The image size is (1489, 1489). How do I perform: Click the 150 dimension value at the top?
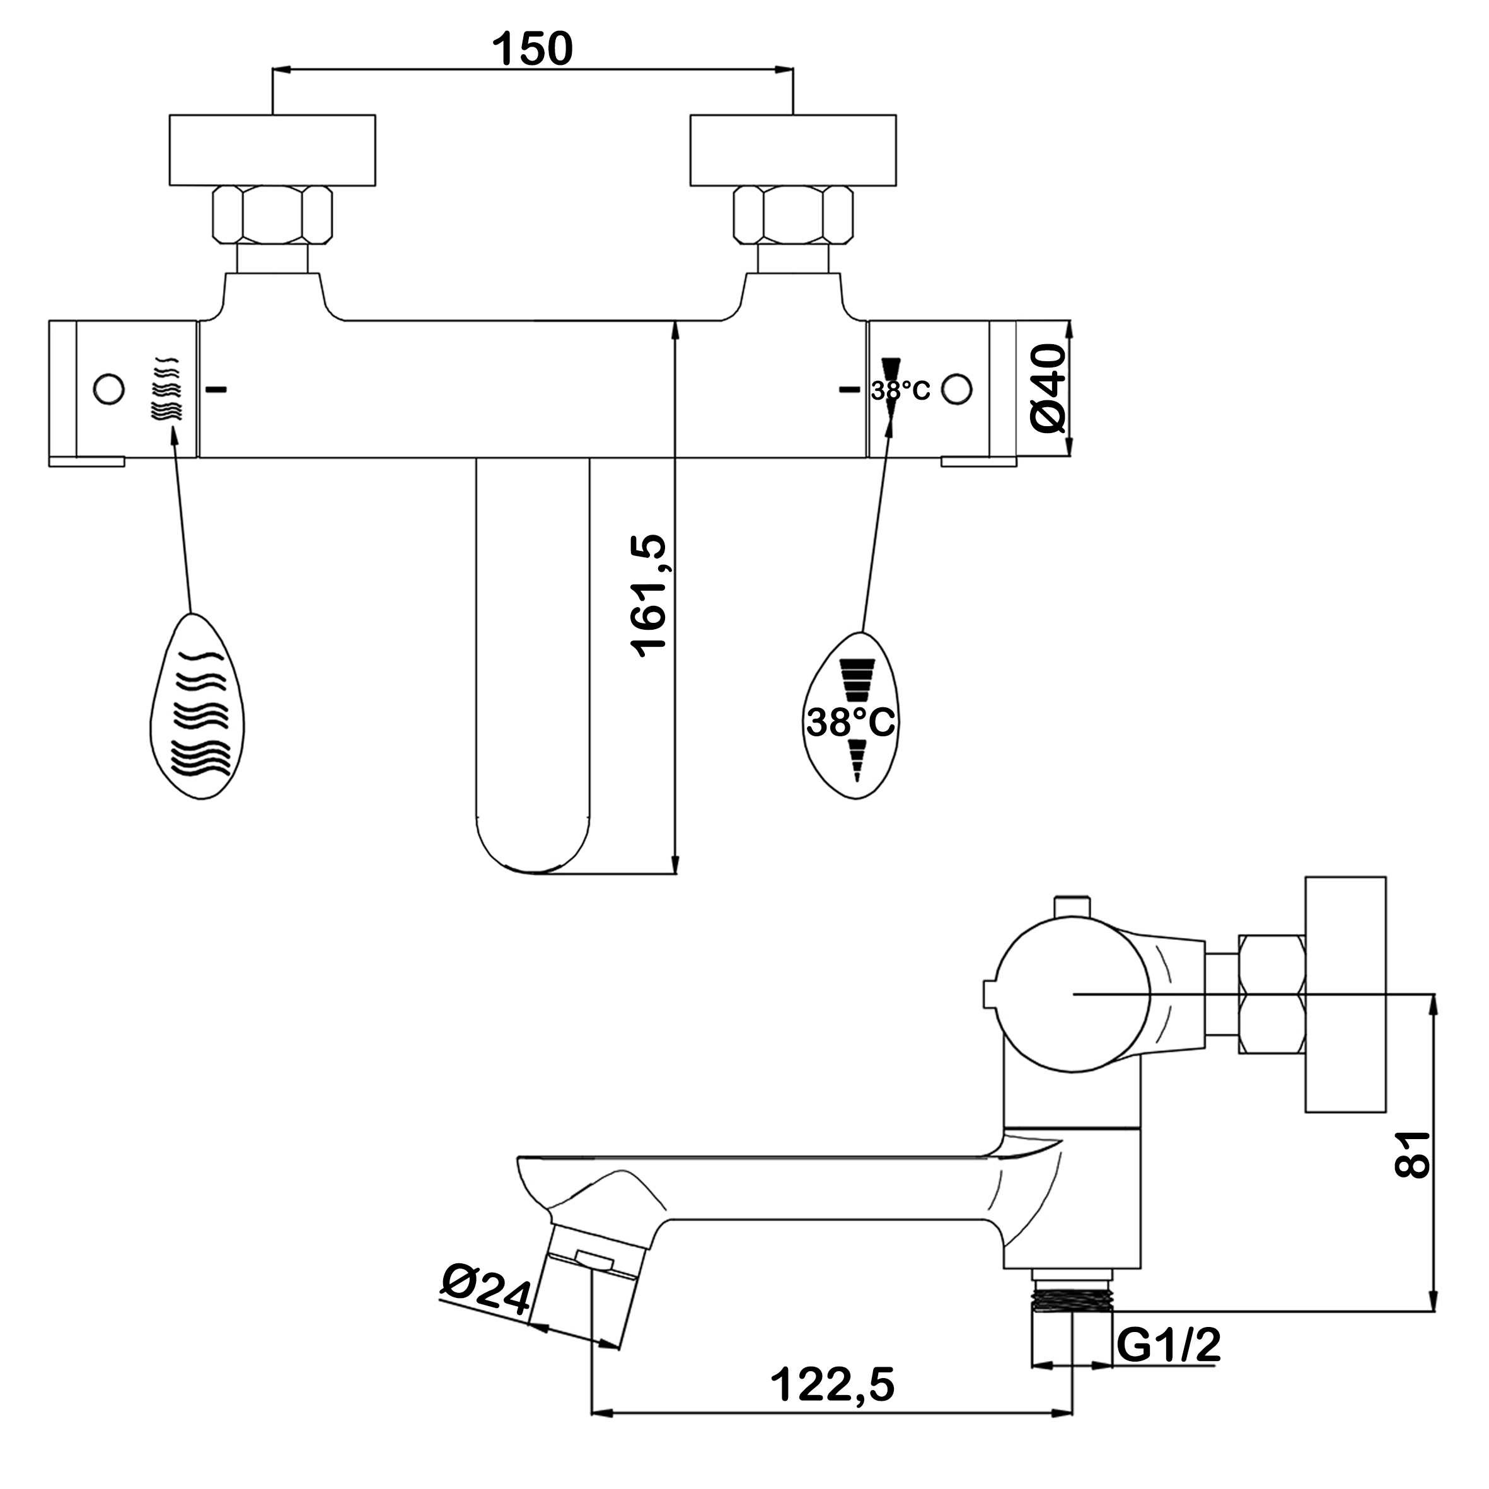533,49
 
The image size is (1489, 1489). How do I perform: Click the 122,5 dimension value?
832,1384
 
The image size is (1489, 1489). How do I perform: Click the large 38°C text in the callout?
851,723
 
